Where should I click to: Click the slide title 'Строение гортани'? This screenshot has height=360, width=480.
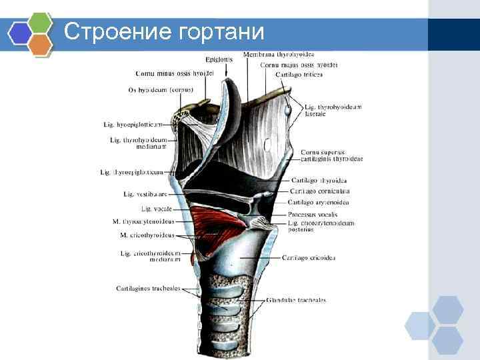click(x=165, y=31)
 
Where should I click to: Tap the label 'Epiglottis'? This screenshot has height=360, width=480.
click(x=219, y=59)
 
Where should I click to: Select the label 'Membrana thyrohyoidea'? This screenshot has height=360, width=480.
click(x=279, y=54)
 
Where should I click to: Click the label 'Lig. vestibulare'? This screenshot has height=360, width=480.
click(x=145, y=194)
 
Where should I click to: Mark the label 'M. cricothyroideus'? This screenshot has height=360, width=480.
click(x=147, y=235)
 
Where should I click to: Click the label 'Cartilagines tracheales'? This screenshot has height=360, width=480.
click(x=148, y=289)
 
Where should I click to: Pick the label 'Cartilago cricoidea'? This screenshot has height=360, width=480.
click(x=309, y=257)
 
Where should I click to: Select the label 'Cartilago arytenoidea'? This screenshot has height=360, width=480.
click(x=319, y=202)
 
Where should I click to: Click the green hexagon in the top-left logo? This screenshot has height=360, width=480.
click(x=41, y=23)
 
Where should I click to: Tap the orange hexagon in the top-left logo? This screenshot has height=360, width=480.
click(x=41, y=44)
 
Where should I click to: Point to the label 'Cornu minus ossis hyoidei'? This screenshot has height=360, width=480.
click(x=174, y=73)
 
